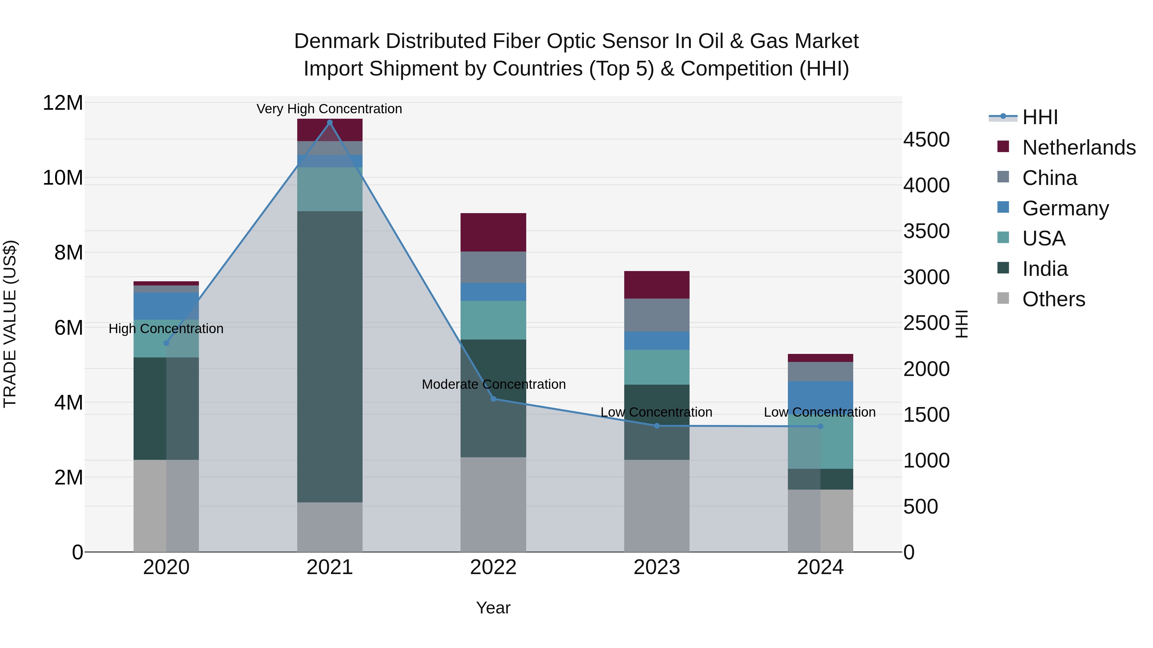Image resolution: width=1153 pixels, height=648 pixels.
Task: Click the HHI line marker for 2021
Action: [x=330, y=123]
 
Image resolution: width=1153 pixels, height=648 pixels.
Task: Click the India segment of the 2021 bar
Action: [x=330, y=356]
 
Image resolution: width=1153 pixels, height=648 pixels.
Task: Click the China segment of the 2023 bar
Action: [x=657, y=315]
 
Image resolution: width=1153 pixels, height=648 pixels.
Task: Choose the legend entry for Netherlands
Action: [x=1079, y=148]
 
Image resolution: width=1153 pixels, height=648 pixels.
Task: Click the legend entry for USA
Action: [x=1043, y=238]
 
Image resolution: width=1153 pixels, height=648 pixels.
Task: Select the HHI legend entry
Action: [x=1040, y=117]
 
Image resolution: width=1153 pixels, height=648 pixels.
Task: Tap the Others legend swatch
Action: [x=1003, y=298]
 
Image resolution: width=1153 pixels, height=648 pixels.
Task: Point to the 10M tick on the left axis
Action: [x=63, y=178]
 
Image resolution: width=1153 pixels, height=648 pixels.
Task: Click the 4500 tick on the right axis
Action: [x=926, y=140]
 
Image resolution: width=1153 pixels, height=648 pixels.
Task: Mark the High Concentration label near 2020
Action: [x=166, y=329]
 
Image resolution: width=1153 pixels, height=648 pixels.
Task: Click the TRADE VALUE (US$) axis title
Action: [x=10, y=324]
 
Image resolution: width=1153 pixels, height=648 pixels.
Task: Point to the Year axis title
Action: [x=493, y=608]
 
